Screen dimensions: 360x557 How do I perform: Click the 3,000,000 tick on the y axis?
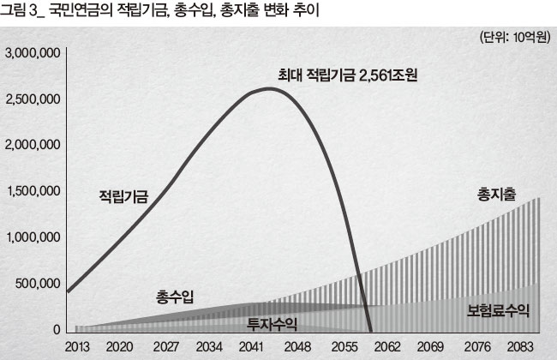[32, 53]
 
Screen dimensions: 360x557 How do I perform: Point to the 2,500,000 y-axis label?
[32, 99]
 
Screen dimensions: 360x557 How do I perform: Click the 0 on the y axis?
[56, 329]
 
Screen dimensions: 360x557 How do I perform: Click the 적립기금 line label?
[124, 198]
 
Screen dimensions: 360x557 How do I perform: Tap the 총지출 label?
[498, 195]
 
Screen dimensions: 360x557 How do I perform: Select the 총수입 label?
[175, 297]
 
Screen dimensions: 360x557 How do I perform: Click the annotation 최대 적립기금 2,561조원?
[345, 74]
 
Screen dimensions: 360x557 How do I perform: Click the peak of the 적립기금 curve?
[270, 88]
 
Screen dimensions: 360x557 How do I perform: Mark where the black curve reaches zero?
[370, 331]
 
